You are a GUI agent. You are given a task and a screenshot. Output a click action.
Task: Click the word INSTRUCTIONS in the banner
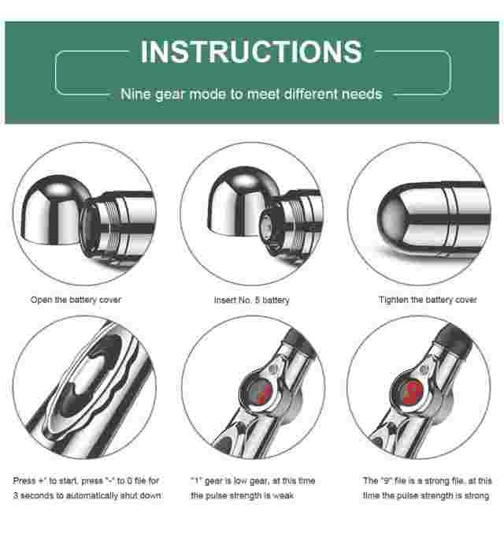tap(251, 51)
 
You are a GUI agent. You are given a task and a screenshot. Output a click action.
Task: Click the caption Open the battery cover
tap(76, 300)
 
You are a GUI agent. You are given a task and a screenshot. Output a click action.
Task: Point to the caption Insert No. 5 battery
tap(252, 300)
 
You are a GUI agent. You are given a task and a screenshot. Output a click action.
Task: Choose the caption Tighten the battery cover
tap(428, 300)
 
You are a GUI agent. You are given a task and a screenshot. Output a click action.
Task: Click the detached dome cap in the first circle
tap(54, 210)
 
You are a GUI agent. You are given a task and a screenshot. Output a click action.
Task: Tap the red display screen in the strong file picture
tap(413, 391)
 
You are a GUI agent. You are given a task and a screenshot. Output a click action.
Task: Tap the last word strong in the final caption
tap(478, 496)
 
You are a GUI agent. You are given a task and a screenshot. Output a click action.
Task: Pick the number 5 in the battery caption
tap(258, 300)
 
